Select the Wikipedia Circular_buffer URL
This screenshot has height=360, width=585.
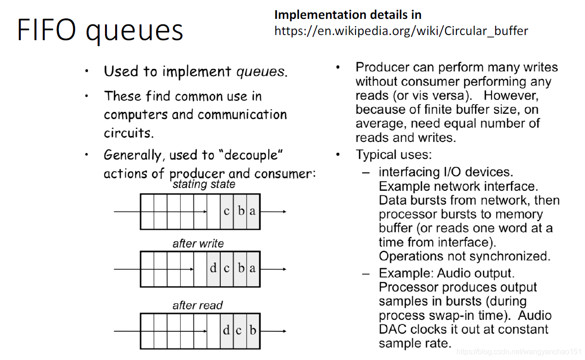[x=401, y=31]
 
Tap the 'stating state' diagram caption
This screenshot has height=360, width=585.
[x=204, y=184]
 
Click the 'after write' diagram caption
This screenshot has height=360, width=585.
[x=198, y=243]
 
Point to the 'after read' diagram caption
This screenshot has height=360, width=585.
[x=197, y=305]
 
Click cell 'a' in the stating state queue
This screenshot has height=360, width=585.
[x=252, y=212]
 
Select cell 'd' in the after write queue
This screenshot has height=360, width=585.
[x=213, y=268]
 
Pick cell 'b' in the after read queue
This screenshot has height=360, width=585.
[x=253, y=330]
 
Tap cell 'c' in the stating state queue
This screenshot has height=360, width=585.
[x=227, y=212]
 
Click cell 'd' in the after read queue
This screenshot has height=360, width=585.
[x=226, y=330]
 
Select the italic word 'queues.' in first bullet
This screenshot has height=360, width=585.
[x=262, y=71]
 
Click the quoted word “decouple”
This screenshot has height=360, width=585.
[x=253, y=155]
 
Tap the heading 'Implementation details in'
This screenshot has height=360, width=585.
[x=348, y=15]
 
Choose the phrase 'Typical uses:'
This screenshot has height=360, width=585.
[x=393, y=154]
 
